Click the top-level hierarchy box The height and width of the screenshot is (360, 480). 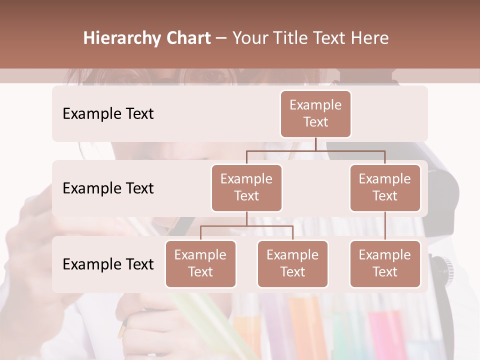point(315,113)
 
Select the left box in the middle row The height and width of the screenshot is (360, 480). point(246,187)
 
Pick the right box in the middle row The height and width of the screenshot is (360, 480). point(385,187)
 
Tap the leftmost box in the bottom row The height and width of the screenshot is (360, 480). point(200,263)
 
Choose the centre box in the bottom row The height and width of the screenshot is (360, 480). point(292,263)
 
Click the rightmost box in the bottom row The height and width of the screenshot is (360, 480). point(385,263)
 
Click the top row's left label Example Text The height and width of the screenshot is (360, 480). point(108,113)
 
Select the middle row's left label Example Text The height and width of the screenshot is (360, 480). point(108,188)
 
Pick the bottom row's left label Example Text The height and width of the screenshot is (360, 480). point(108,264)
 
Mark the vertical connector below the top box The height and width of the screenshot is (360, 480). point(315,144)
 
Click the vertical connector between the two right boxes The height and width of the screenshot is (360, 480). point(385,226)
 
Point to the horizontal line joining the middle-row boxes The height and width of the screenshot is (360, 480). point(315,150)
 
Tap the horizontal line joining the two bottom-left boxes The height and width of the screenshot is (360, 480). point(246,226)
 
